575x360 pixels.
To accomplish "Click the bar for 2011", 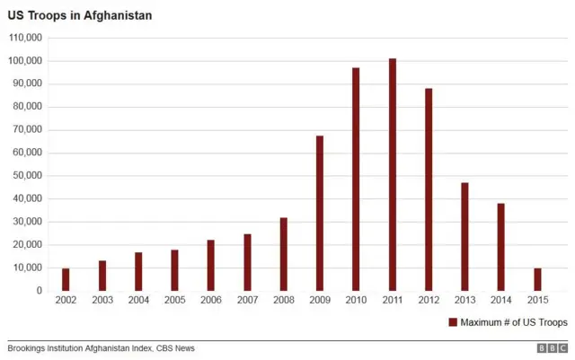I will coord(393,175).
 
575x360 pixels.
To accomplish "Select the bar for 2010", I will coord(356,180).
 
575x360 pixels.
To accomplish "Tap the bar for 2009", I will coord(320,214).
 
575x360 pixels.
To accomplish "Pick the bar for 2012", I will coord(429,189).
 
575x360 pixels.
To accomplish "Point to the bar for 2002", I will coord(66,279).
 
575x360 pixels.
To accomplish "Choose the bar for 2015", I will coord(537,279).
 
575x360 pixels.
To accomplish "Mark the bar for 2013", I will coord(464,237).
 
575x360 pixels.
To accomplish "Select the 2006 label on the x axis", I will coord(210,300).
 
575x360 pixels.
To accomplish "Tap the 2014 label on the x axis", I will coord(500,300).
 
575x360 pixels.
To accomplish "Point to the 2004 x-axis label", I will coord(138,300).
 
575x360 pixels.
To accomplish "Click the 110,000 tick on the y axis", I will coord(25,38).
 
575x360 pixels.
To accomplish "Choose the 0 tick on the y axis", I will coord(39,291).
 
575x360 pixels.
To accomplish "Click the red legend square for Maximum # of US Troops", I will coord(453,321).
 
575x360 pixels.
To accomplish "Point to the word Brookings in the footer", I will coord(29,348).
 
